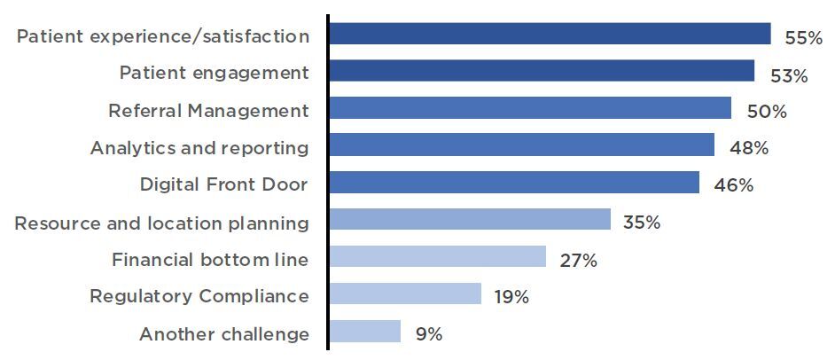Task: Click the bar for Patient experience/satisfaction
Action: pos(549,35)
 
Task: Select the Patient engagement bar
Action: pos(541,72)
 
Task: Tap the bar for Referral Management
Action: pos(529,109)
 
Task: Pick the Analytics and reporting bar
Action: pos(520,145)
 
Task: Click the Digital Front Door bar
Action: pos(513,183)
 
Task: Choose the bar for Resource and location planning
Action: pos(469,220)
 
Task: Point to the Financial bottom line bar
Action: pos(437,257)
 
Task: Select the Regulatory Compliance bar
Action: pos(404,294)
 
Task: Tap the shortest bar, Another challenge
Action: pos(364,332)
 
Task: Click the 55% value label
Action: pos(803,38)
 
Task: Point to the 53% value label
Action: pos(788,75)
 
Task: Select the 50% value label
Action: pos(767,112)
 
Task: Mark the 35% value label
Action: pos(641,223)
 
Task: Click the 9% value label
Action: pos(428,334)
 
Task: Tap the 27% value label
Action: pos(578,260)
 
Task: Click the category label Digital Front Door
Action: pos(223,184)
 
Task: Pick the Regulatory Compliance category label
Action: pos(199,296)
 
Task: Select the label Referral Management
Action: pos(208,111)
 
